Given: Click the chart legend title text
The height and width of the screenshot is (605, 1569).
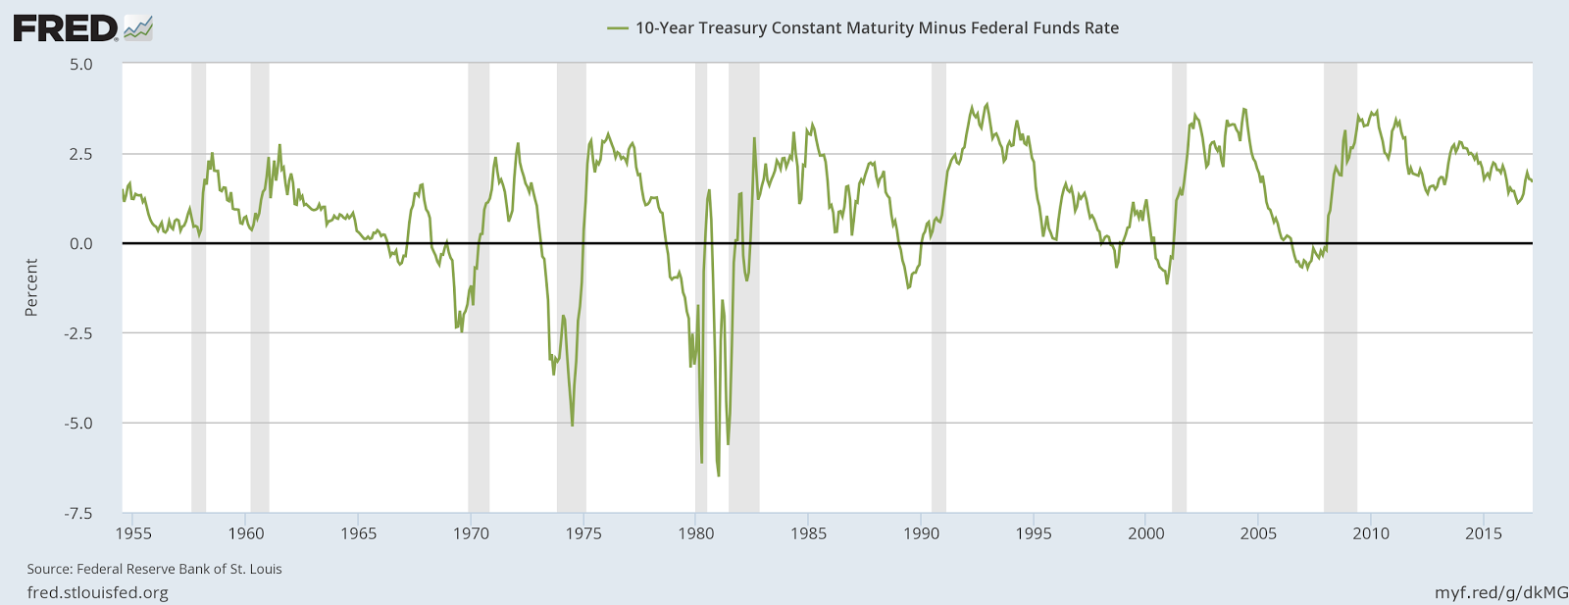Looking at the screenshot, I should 877,28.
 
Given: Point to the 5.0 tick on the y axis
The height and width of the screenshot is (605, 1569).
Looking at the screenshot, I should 81,64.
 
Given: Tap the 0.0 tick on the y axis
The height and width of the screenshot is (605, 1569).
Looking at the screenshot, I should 81,243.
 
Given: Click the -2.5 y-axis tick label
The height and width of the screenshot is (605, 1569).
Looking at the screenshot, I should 78,333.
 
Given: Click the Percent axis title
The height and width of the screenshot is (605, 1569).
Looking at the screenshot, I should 31,287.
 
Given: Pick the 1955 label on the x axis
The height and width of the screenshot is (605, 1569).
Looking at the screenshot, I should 133,533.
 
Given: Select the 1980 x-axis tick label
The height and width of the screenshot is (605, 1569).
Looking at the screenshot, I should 696,533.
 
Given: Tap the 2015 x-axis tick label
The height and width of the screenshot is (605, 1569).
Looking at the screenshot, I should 1484,533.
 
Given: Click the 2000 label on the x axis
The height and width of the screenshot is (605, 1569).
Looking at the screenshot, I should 1146,533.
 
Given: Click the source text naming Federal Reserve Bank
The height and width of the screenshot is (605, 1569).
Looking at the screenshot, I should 154,569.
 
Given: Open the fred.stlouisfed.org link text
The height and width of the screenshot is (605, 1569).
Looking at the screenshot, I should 97,592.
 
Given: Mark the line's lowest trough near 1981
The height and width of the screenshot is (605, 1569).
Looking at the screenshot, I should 718,476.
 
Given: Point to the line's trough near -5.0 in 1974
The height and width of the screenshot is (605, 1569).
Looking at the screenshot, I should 573,425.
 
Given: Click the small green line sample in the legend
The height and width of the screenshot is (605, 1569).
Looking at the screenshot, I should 618,28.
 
